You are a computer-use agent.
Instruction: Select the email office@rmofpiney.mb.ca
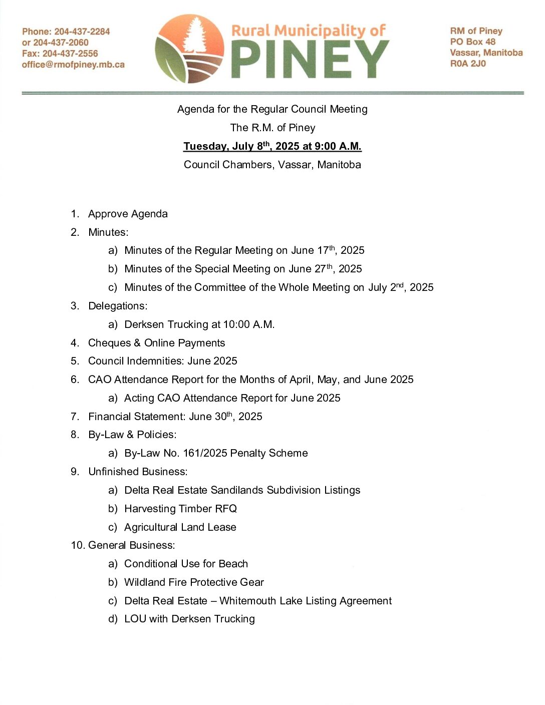[x=73, y=65]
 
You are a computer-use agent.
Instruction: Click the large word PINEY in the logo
[x=310, y=59]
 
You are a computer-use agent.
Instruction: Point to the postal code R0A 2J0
[x=468, y=64]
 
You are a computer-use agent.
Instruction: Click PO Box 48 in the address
[x=472, y=42]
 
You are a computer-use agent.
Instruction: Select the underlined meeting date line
[x=272, y=146]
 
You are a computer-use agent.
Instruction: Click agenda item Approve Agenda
[x=128, y=214]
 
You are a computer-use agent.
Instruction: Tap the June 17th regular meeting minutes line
[x=244, y=250]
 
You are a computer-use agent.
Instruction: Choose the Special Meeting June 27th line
[x=243, y=269]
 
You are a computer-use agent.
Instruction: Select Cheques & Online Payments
[x=156, y=343]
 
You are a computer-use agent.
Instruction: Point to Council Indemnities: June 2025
[x=162, y=361]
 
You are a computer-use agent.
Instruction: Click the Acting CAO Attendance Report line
[x=232, y=398]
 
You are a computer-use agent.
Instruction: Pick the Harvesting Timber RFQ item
[x=180, y=509]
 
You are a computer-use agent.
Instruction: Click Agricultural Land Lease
[x=180, y=527]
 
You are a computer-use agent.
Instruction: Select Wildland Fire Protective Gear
[x=194, y=582]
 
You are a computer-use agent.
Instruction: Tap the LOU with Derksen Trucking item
[x=189, y=619]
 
